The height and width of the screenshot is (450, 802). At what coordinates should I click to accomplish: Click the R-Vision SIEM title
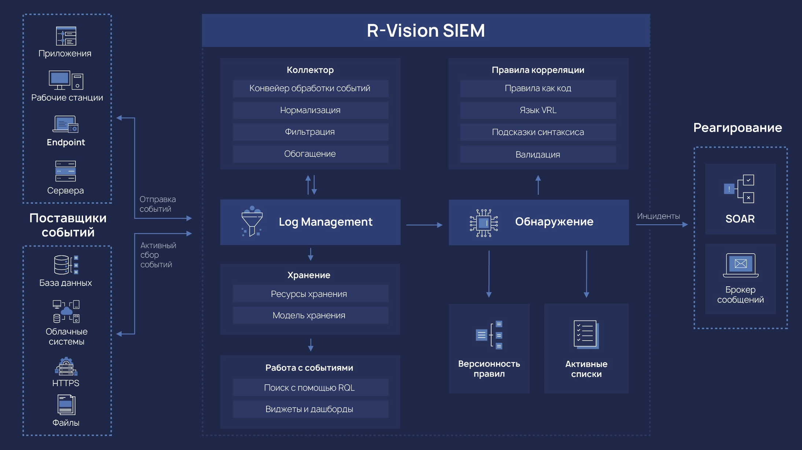426,30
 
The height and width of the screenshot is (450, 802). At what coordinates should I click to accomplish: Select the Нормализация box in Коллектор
310,110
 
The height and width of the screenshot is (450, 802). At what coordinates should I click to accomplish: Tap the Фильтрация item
310,132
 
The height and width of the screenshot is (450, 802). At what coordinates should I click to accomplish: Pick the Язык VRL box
538,110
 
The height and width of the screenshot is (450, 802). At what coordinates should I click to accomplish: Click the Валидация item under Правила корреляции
538,155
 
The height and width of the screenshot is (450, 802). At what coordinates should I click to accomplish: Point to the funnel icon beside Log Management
252,221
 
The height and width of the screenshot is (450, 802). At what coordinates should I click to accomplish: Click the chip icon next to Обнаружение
484,223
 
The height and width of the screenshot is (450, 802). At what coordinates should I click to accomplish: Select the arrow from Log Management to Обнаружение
424,225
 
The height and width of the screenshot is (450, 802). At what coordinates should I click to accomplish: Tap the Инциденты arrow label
658,216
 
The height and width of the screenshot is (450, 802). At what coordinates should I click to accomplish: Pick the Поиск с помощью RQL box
310,388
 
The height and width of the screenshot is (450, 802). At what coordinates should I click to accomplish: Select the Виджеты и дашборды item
310,409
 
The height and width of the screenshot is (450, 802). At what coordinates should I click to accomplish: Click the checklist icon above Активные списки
586,334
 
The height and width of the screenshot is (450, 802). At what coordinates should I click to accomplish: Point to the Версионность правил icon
489,334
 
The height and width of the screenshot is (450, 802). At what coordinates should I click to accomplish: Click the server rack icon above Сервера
66,171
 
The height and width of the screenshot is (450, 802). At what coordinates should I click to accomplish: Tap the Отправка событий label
158,204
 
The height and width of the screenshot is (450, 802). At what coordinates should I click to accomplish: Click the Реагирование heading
737,128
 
